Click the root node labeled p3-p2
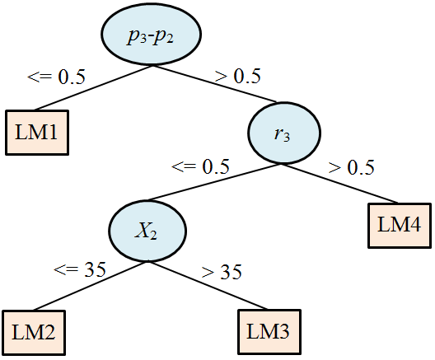point(151,35)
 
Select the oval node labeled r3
point(284,133)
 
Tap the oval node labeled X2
point(147,231)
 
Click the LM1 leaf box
point(37,133)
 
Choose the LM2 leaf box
point(34,333)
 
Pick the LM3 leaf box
point(269,332)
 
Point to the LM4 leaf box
point(400,226)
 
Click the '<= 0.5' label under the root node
point(56,77)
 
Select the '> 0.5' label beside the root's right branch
point(238,76)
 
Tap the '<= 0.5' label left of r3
point(200,166)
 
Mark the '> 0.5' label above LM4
point(352,167)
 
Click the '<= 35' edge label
point(80,269)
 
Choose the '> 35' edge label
point(222,272)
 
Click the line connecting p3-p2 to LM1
point(93,88)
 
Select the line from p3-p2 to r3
point(214,84)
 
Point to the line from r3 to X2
point(214,182)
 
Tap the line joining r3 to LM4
point(339,184)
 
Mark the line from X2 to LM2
point(91,286)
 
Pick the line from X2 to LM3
point(208,285)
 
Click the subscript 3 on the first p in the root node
point(143,39)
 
